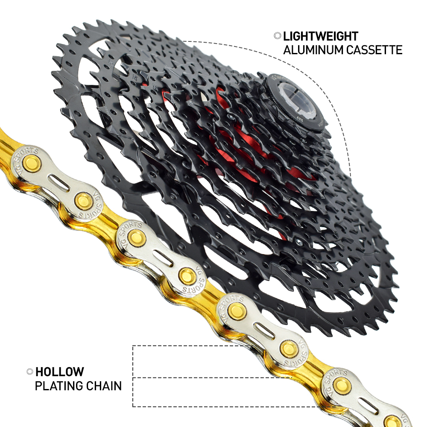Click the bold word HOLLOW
click(59, 371)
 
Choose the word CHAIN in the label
click(105, 386)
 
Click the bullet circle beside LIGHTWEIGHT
click(277, 36)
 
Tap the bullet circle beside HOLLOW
click(29, 371)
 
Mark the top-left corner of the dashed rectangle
click(133, 346)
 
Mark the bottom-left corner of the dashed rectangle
click(133, 406)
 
